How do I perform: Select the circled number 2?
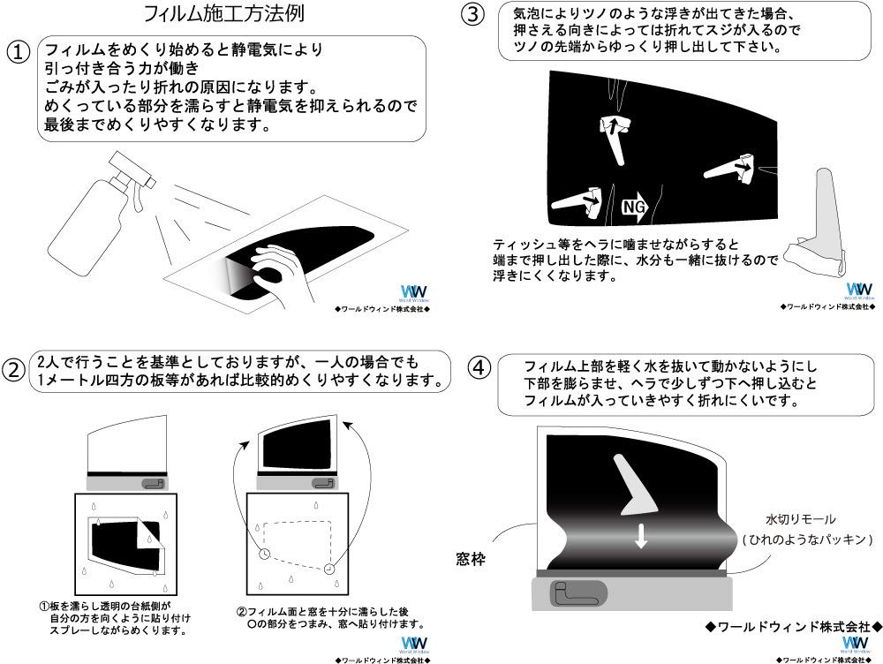(16, 370)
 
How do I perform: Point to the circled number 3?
(473, 15)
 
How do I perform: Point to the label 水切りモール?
(800, 519)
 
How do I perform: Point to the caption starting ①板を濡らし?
(115, 619)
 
